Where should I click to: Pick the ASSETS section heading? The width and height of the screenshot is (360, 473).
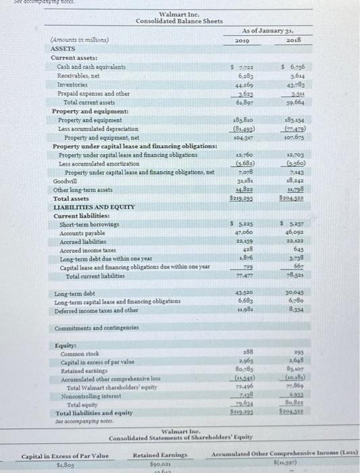(x=64, y=49)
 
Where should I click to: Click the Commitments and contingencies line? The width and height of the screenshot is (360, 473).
(x=98, y=328)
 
